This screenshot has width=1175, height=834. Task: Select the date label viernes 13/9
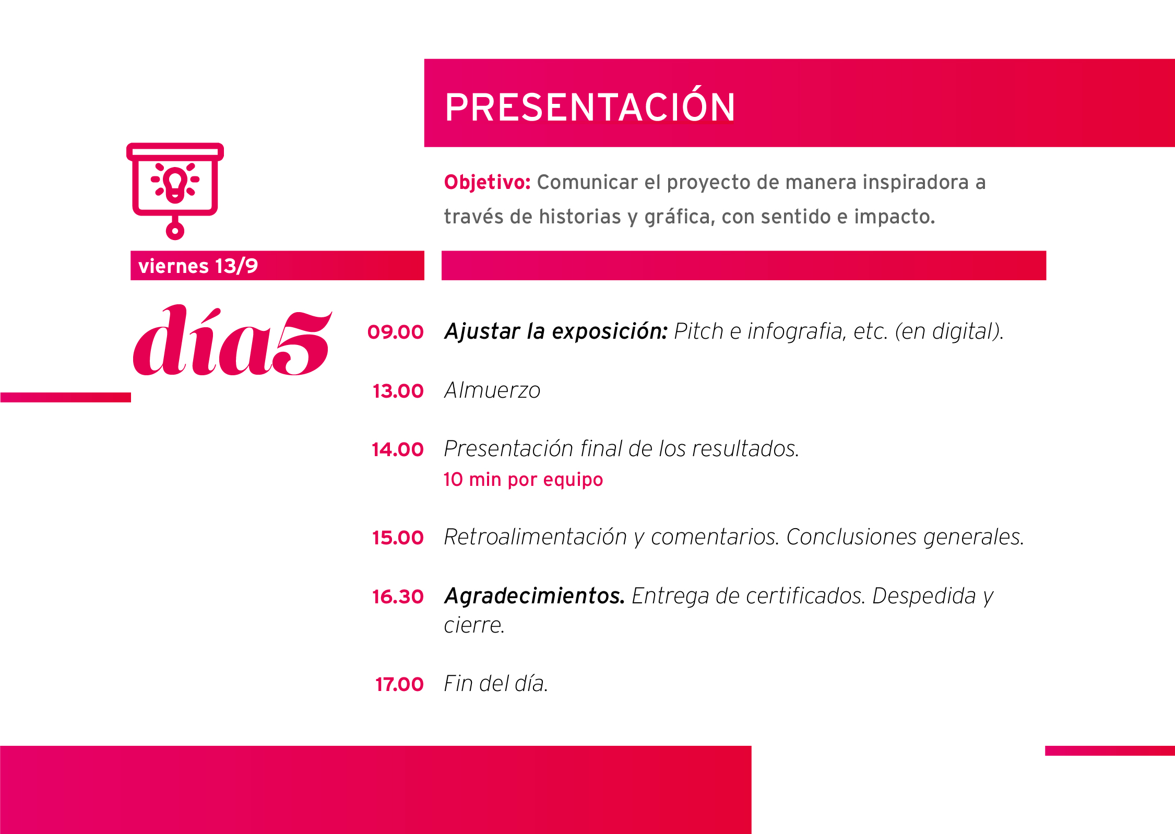[198, 266]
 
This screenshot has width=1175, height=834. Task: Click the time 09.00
[395, 332]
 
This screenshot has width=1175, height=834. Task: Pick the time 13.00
[398, 391]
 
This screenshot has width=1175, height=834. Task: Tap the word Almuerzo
[492, 390]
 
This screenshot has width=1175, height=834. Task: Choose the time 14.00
[397, 449]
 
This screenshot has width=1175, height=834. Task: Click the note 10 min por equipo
[523, 480]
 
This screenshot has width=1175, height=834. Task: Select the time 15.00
[398, 538]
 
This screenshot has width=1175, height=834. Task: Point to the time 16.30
[398, 597]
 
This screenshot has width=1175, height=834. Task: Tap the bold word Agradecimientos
[535, 596]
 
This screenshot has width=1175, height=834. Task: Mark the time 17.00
[399, 684]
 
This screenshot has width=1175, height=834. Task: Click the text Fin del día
[496, 684]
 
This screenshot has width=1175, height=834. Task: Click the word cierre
[474, 625]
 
